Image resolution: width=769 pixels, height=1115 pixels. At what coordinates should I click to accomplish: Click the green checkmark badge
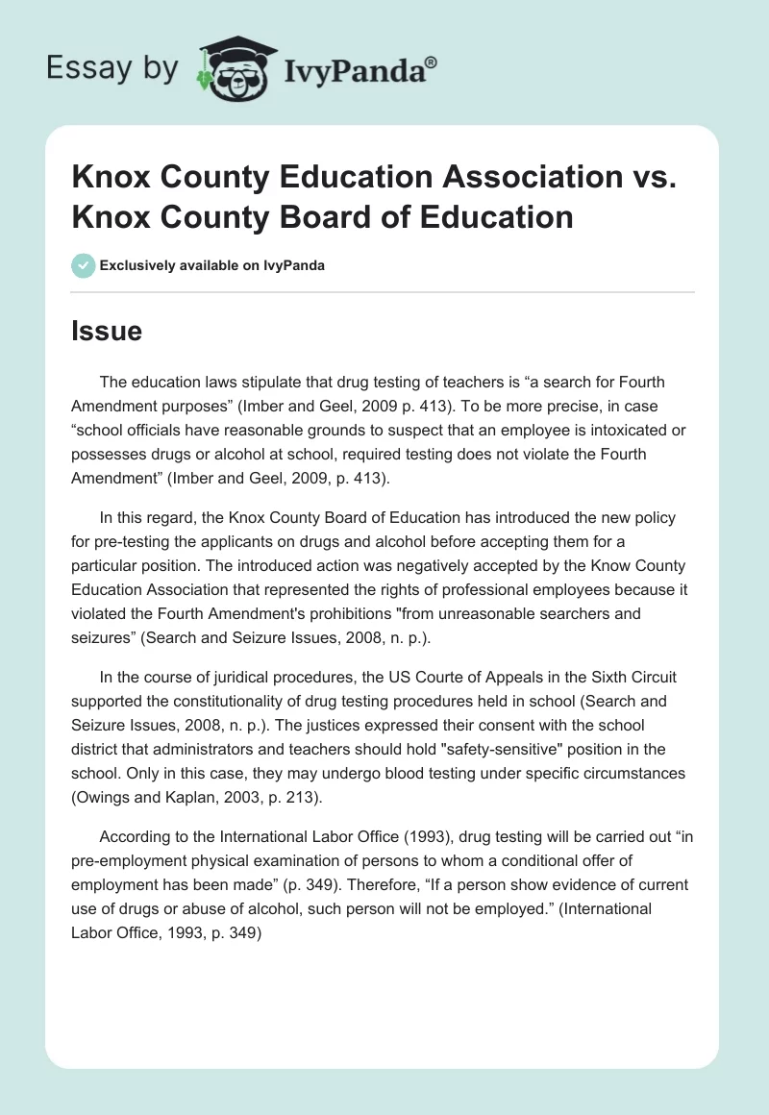(83, 265)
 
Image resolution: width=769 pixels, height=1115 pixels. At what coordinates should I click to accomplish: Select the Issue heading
(107, 332)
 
